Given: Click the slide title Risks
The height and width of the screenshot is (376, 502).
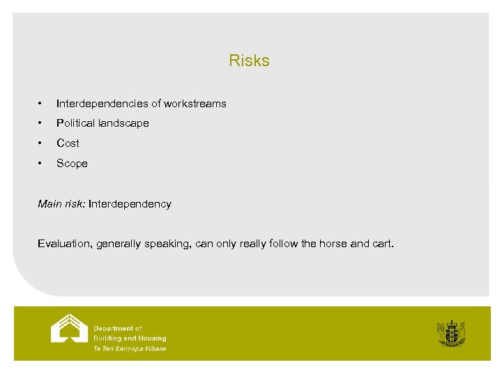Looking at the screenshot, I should click(249, 61).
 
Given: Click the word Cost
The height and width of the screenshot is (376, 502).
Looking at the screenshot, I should click(68, 143).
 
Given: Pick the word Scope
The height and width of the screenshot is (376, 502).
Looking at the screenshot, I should click(72, 164).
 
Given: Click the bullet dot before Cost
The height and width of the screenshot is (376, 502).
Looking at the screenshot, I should click(41, 143).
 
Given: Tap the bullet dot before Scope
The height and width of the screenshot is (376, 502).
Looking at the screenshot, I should click(41, 164).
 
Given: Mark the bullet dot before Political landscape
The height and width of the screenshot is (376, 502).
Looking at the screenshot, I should click(41, 123).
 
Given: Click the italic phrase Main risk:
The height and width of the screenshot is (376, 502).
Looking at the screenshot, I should click(61, 204).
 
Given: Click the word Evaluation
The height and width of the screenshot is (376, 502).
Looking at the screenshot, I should click(65, 244).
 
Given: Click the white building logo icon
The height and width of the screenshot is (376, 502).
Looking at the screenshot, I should click(69, 329).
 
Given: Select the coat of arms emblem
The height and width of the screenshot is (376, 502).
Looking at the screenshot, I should click(451, 334).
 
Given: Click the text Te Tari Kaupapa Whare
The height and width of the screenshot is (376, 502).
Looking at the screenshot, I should click(130, 349).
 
